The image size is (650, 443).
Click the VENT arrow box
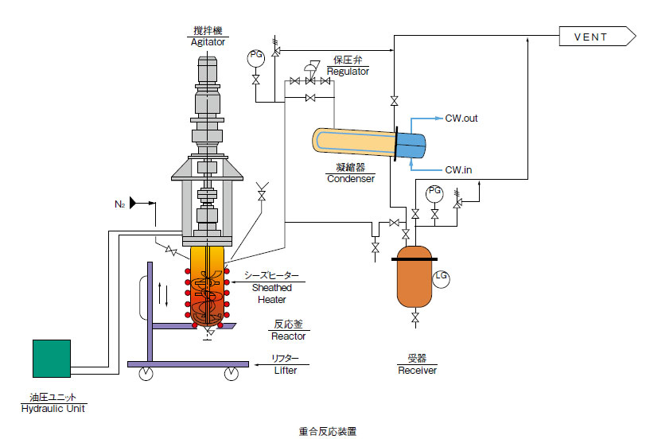597,37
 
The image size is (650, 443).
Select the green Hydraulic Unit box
52,359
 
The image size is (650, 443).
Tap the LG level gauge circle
441,278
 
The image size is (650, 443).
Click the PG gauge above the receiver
434,193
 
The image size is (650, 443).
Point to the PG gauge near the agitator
255,58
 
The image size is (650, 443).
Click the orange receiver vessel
415,277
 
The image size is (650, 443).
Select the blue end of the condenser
411,145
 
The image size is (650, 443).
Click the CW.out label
461,119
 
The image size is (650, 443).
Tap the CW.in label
458,170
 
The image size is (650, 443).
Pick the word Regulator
348,72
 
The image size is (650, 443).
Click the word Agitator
208,42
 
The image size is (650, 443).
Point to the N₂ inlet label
120,204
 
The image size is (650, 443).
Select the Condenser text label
351,179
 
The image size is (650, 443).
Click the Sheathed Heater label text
272,293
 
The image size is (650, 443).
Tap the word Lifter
286,371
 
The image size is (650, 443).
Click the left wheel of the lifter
146,373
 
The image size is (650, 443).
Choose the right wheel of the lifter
232,373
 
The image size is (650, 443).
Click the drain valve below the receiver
415,318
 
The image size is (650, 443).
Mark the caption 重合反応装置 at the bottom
328,431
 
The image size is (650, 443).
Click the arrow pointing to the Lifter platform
267,365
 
